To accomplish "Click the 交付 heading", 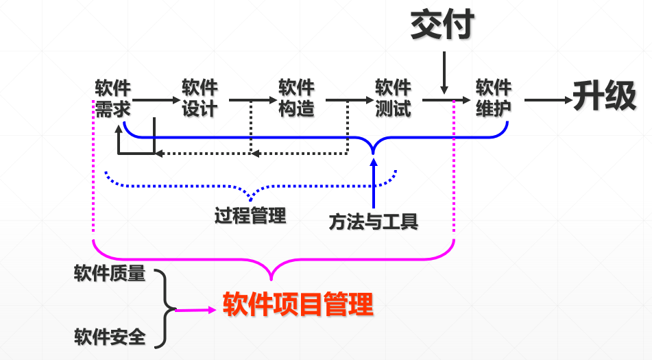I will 442,25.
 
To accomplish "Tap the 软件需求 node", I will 113,98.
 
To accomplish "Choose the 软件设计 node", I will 200,98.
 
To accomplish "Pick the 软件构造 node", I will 296,98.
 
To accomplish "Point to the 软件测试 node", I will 393,98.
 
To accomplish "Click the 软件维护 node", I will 494,98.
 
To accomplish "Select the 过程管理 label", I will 250,216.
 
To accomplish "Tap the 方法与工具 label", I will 373,221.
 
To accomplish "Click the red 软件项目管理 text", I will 298,304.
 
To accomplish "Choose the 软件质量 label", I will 110,274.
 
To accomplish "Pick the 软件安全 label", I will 110,337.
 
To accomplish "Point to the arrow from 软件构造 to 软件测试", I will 347,100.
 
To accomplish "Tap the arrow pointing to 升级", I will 548,101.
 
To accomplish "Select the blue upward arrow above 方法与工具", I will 374,182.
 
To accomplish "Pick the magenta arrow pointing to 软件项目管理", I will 195,310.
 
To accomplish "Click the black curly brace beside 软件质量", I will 165,307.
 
